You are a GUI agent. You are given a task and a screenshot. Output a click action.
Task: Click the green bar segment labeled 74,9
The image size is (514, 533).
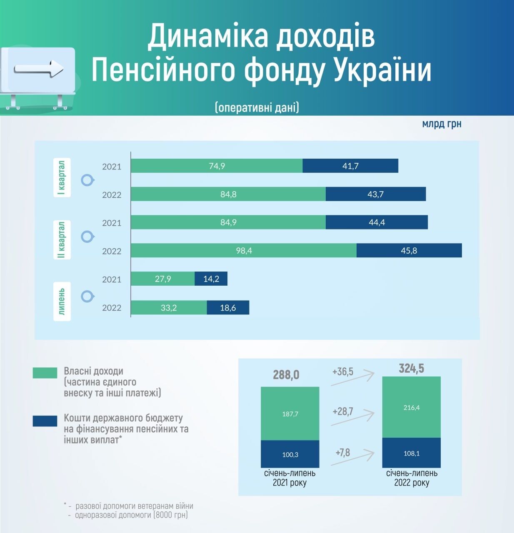click(x=217, y=166)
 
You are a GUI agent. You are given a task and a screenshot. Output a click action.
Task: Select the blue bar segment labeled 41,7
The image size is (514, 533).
click(x=350, y=166)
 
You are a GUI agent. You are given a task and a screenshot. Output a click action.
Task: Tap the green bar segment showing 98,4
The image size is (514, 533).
click(x=244, y=251)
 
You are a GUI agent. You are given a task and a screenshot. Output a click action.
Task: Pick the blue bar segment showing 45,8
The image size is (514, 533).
click(x=409, y=251)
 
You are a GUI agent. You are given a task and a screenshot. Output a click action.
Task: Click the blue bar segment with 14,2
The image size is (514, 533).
click(x=211, y=279)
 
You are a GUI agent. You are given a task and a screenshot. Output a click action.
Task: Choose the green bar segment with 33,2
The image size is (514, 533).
click(x=169, y=308)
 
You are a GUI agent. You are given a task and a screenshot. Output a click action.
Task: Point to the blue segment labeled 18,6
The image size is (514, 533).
click(x=228, y=308)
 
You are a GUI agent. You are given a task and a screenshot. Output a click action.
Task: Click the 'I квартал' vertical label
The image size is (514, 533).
click(x=62, y=178)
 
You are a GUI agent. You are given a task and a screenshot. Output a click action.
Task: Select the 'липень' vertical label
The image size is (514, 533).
click(x=62, y=301)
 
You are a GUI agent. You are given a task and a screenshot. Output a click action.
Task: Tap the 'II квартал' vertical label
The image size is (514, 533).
click(x=62, y=240)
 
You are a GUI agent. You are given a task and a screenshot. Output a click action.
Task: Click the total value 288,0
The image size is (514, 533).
click(x=286, y=375)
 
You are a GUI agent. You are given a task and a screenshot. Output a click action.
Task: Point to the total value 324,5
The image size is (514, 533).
click(x=411, y=369)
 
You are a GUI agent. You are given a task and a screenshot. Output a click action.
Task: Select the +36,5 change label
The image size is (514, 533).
click(x=343, y=371)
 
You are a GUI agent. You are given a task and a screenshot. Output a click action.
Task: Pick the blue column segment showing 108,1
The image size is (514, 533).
click(x=411, y=453)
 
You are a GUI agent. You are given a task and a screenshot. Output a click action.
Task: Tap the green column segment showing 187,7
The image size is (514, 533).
click(x=290, y=414)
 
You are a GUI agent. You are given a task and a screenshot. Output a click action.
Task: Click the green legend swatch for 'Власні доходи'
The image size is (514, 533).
click(x=45, y=373)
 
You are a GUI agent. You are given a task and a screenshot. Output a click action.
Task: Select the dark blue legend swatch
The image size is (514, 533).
click(x=45, y=421)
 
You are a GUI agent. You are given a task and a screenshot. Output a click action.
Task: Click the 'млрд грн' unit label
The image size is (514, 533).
click(x=442, y=124)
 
